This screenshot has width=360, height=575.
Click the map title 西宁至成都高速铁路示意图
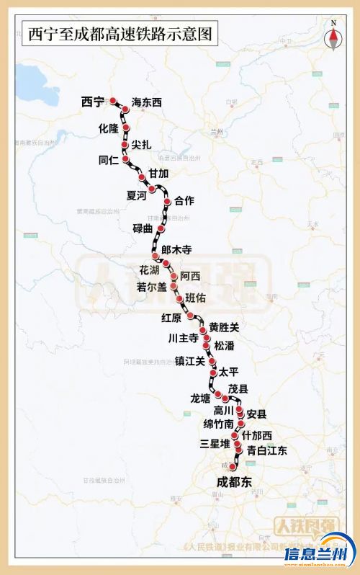point(120,34)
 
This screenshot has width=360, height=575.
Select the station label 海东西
point(148,103)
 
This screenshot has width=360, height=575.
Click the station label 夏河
point(136,195)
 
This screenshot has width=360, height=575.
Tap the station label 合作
point(184,201)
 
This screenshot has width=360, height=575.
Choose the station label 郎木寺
point(177,250)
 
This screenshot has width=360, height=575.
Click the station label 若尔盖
point(152,286)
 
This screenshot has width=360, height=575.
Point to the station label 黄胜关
point(223,327)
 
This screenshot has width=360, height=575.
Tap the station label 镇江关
point(190,362)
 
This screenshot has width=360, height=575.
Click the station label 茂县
point(238,389)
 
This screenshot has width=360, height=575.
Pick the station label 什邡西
point(257,436)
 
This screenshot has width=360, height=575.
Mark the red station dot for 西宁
point(113,102)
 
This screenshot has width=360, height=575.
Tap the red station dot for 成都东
point(232,468)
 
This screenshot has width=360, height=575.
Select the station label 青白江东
point(267,451)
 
